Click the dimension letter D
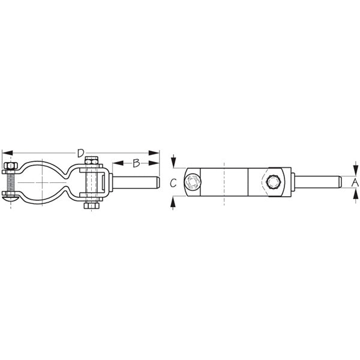click(x=81, y=153)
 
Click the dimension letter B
click(x=136, y=163)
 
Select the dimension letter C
click(x=173, y=184)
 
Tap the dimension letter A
click(x=355, y=181)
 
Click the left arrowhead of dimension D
click(x=6, y=153)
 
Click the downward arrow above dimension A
click(x=355, y=169)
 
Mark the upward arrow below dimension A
click(x=355, y=193)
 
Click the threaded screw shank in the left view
click(x=9, y=180)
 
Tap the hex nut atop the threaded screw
click(x=9, y=166)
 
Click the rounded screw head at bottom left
click(x=8, y=196)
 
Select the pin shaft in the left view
click(x=135, y=182)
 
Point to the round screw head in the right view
click(x=193, y=183)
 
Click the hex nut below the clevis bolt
click(x=91, y=206)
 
